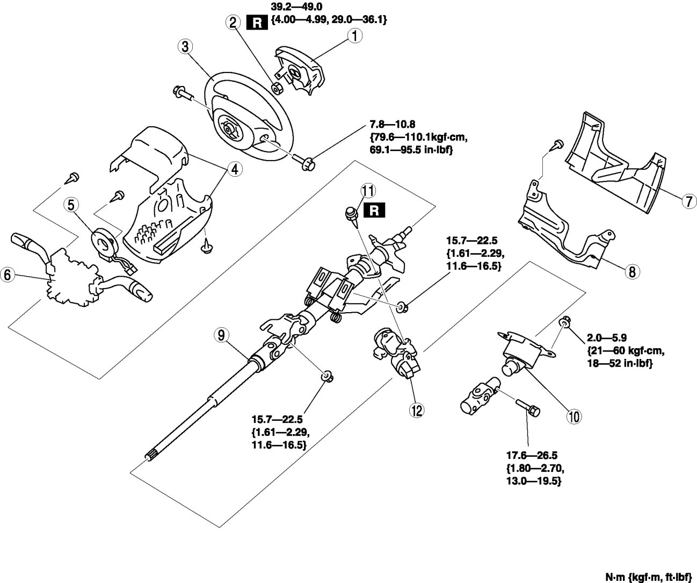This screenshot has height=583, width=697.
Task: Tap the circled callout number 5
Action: [72, 204]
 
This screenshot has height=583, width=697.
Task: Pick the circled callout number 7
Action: [688, 201]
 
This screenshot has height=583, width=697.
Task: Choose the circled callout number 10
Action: [574, 415]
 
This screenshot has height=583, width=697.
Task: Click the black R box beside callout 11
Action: [374, 210]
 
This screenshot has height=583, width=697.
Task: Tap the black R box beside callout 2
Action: [256, 23]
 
